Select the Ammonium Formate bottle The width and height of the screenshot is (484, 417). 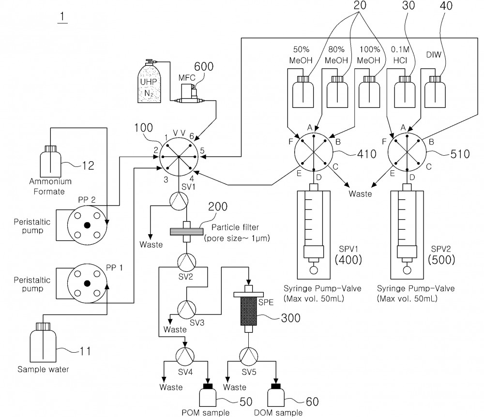tap(50, 161)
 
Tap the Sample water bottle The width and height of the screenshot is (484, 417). tap(43, 343)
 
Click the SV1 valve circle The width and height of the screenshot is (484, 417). tap(179, 201)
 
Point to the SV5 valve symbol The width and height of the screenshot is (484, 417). tap(249, 356)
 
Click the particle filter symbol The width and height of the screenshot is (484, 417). tap(187, 232)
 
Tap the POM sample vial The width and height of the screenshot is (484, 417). tap(208, 395)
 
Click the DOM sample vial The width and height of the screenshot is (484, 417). tap(276, 395)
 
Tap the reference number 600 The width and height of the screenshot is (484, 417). tap(204, 67)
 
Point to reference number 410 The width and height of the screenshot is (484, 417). tap(367, 154)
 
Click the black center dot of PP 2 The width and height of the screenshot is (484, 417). tap(87, 225)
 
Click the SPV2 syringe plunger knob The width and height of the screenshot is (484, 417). tap(407, 270)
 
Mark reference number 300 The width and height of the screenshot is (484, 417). tap(291, 318)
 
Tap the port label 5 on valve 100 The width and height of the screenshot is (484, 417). tap(202, 150)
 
